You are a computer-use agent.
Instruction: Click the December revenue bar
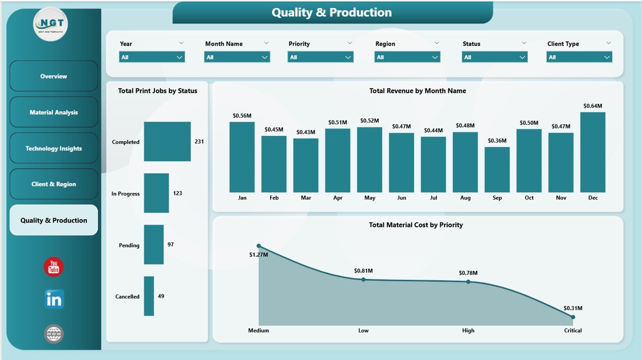click(x=592, y=152)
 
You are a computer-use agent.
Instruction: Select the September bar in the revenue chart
click(x=497, y=169)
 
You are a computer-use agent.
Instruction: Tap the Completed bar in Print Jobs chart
click(x=167, y=141)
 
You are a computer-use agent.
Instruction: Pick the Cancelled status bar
click(x=148, y=296)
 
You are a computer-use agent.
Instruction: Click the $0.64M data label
click(x=592, y=106)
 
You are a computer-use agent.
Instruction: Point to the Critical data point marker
click(x=573, y=317)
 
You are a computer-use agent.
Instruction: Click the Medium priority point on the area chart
click(x=258, y=246)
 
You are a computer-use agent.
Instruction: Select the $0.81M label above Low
click(x=363, y=271)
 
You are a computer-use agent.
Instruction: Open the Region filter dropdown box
click(x=407, y=57)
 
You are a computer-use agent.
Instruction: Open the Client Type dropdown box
click(x=579, y=57)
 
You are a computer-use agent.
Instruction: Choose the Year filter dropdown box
click(x=152, y=57)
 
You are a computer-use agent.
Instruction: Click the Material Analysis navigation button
click(x=54, y=112)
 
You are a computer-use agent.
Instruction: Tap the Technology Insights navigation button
click(x=54, y=148)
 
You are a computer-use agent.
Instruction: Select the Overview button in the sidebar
click(x=54, y=76)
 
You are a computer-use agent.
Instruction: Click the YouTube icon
click(x=54, y=267)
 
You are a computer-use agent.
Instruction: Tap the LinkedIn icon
click(x=54, y=299)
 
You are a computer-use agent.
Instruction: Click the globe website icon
click(x=54, y=333)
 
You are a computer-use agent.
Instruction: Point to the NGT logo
click(x=50, y=24)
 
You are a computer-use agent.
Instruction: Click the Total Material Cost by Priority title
click(x=416, y=225)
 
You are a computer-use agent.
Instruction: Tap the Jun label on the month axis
click(x=401, y=198)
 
